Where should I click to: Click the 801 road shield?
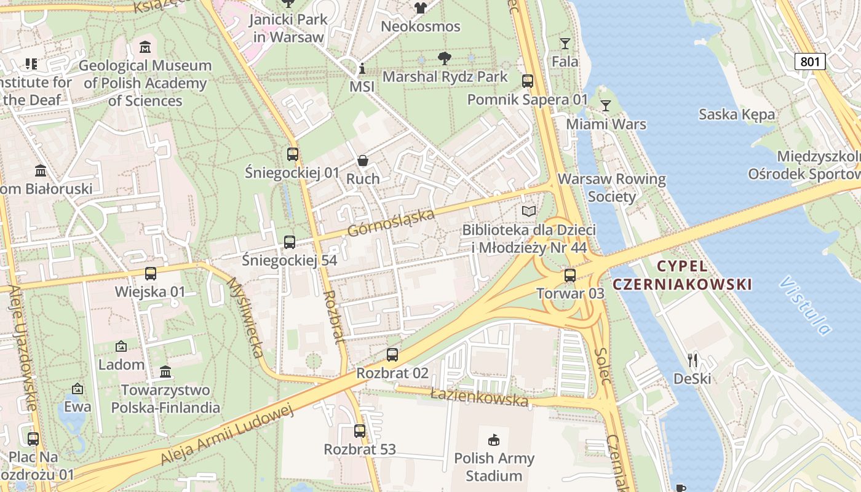(x=809, y=61)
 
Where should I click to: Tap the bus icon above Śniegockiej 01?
(x=293, y=154)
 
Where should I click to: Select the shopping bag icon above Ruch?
(x=363, y=161)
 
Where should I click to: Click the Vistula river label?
(x=805, y=306)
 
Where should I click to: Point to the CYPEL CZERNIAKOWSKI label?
(x=683, y=275)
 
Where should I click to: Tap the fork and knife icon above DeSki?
(x=692, y=359)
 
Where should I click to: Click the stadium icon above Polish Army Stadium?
(x=494, y=440)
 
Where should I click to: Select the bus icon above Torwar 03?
(x=570, y=275)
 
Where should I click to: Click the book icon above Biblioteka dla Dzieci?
(x=529, y=212)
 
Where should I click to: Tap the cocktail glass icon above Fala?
(x=565, y=43)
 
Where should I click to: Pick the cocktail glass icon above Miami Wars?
(x=606, y=106)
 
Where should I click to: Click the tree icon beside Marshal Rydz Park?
(x=444, y=59)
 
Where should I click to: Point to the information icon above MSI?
(x=362, y=68)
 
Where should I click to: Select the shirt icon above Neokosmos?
(x=421, y=8)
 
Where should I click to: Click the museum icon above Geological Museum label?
(x=145, y=47)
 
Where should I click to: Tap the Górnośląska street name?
(x=391, y=223)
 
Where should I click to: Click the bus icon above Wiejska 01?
(x=150, y=273)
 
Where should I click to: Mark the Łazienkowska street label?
(x=479, y=395)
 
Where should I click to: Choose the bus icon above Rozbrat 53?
(x=360, y=431)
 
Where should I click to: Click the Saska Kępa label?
(x=737, y=114)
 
